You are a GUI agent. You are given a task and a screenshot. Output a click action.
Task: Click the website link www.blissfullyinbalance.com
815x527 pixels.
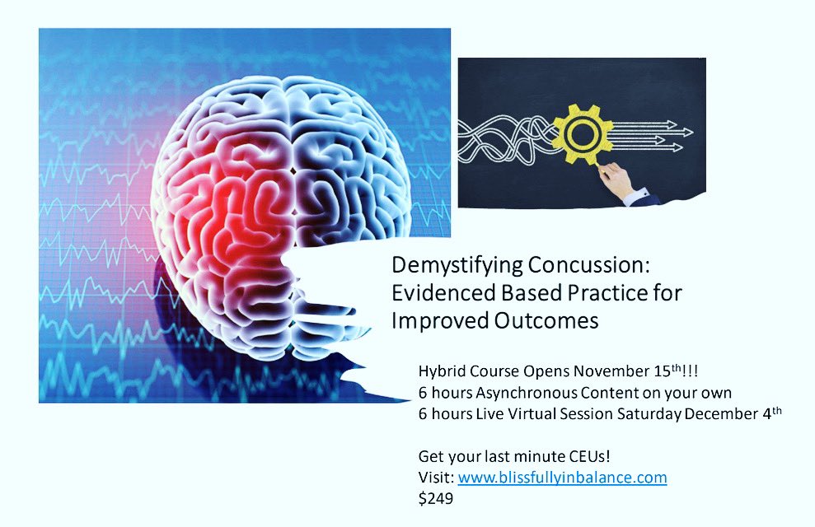coord(562,477)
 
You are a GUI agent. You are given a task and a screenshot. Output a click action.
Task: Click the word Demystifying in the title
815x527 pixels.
coord(448,267)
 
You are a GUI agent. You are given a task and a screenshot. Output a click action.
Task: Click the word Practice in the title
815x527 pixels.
coord(578,294)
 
